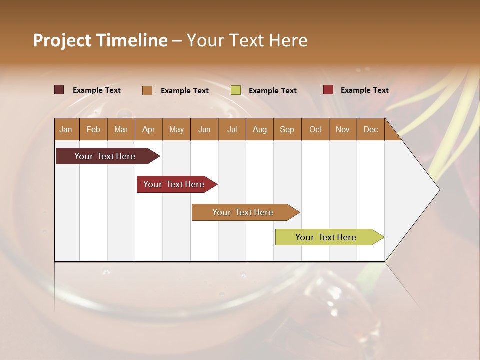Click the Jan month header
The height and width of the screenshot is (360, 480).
tap(66, 129)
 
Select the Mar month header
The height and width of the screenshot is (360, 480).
tap(121, 129)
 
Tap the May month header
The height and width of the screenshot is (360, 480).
tap(176, 129)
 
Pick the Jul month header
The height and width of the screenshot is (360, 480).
tap(232, 129)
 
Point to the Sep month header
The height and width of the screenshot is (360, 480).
tap(287, 129)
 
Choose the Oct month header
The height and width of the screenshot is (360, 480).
tap(315, 129)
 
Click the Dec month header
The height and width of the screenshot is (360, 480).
tap(370, 129)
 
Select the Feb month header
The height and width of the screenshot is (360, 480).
tap(93, 129)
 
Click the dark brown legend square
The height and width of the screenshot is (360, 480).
tap(59, 90)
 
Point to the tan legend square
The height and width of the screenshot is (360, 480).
tap(147, 90)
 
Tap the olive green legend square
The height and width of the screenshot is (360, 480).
tap(236, 90)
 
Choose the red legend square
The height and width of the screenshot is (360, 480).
tap(328, 90)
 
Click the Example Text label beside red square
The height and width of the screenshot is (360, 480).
tap(364, 90)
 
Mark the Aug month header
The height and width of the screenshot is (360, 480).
tap(259, 129)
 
